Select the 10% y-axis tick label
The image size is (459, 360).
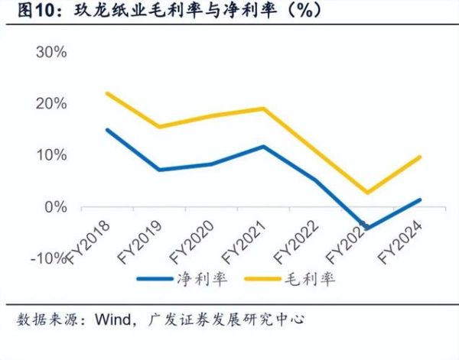coord(52,155)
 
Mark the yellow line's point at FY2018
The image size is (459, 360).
coord(106,93)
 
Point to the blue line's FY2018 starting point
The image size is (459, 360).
coord(106,130)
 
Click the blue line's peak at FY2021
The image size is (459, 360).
coord(264,146)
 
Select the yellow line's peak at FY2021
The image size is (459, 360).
coord(264,109)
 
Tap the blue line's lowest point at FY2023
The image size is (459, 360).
coord(369,228)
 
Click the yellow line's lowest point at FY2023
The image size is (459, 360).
coord(369,193)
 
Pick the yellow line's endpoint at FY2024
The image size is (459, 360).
coord(420,157)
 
